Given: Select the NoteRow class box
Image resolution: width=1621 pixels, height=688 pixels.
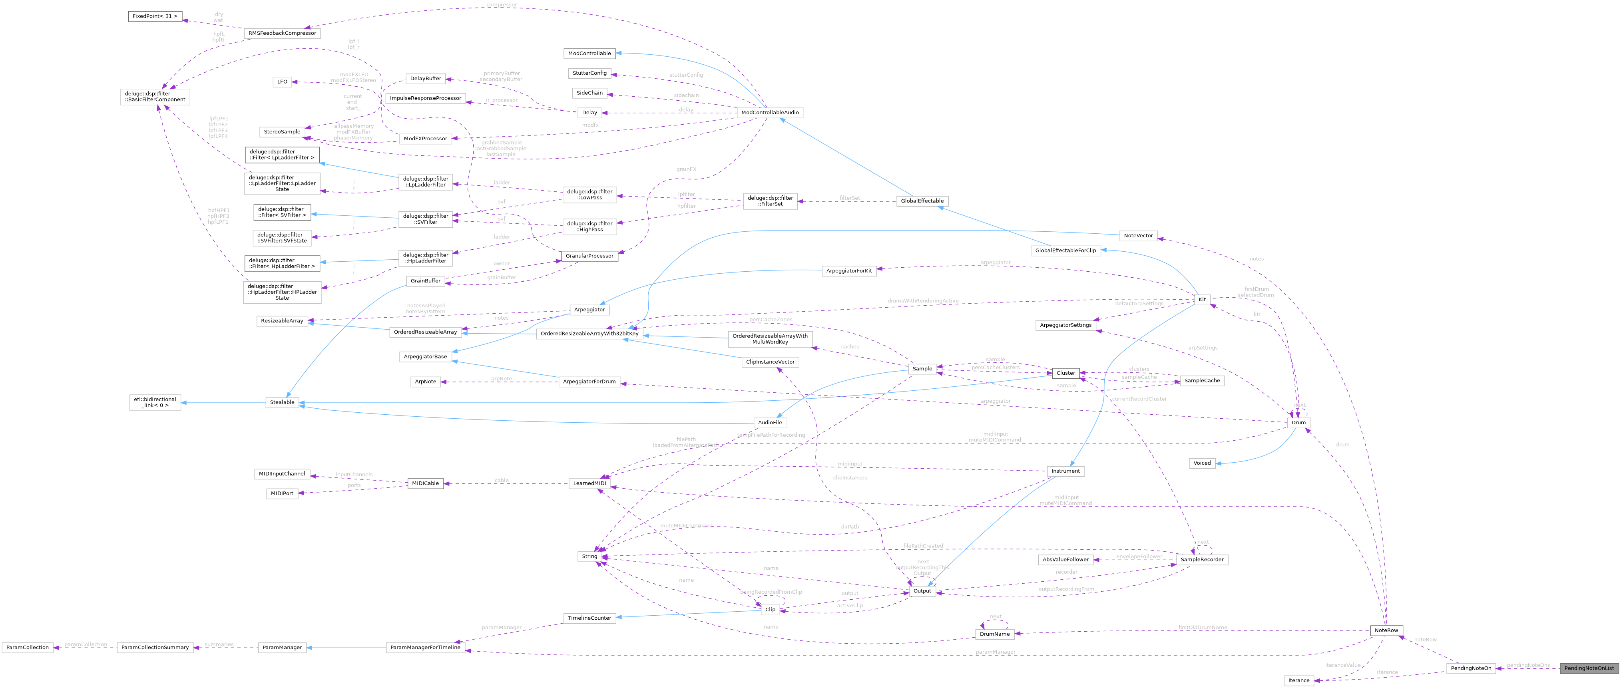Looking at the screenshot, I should (x=1386, y=630).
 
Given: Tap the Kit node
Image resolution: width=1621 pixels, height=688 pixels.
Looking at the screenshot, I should (x=1201, y=299).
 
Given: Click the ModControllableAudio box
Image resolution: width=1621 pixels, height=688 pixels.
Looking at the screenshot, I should (x=770, y=113).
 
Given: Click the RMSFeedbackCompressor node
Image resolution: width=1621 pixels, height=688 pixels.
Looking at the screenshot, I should (x=282, y=33).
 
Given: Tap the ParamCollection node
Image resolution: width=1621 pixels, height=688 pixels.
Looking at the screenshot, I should (x=27, y=648).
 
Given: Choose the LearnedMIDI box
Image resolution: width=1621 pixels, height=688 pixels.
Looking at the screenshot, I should (x=589, y=483).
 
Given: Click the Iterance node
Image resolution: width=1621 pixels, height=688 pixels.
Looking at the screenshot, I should (x=1298, y=680).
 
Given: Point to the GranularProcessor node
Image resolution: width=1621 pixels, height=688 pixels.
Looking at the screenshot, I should (x=589, y=256).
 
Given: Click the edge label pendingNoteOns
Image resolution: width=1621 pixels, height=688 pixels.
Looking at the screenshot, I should (x=1528, y=665).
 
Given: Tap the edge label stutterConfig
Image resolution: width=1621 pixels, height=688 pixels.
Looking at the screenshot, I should (x=686, y=75).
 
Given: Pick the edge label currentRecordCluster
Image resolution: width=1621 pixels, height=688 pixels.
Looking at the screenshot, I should (x=1139, y=399).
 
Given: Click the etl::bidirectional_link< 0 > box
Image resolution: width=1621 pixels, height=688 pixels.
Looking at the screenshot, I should (x=155, y=402).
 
